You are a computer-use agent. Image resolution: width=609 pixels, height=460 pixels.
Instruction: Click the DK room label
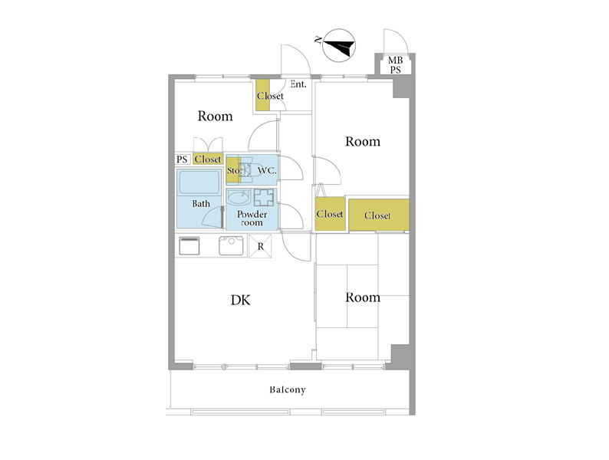240,300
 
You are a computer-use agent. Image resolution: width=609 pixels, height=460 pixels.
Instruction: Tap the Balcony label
288,389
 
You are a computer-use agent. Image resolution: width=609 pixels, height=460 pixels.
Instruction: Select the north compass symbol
339,45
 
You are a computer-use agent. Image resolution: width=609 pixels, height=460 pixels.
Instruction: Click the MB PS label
395,65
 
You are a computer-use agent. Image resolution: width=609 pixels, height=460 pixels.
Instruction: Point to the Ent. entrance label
298,84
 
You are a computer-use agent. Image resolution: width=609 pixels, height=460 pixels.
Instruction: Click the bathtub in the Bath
199,182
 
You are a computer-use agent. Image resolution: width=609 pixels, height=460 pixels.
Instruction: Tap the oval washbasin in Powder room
239,198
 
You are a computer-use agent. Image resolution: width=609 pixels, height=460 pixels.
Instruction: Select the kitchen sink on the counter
231,245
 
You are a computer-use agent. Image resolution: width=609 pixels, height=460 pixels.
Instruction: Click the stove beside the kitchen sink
189,246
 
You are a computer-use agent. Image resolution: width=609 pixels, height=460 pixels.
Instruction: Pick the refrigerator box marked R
260,246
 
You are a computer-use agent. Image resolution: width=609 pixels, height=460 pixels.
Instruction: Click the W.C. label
267,170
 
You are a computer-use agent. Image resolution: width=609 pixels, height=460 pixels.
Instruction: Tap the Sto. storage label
234,170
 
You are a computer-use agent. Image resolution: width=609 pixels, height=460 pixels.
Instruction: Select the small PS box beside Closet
182,159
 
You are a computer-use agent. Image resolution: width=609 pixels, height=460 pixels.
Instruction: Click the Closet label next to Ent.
270,96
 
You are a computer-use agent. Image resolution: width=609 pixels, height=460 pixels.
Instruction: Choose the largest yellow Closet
379,215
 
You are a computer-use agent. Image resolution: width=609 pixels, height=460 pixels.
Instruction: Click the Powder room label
252,219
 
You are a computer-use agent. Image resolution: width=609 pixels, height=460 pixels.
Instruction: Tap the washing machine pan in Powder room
264,198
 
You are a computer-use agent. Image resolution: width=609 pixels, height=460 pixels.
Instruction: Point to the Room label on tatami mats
363,297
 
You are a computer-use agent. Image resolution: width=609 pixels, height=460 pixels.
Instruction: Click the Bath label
201,203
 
